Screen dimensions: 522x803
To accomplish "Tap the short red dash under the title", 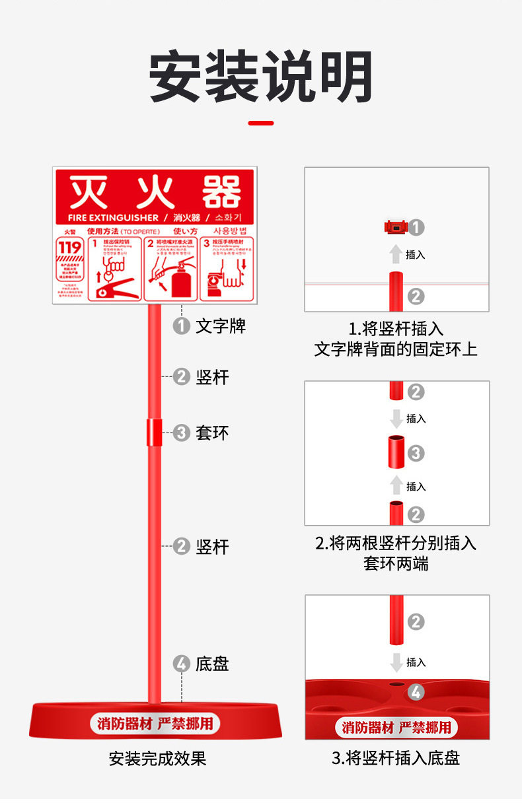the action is pyautogui.click(x=260, y=123).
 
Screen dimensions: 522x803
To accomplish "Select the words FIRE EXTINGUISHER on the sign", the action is pyautogui.click(x=113, y=217).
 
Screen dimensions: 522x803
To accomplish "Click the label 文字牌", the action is pyautogui.click(x=221, y=326).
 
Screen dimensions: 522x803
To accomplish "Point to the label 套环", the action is pyautogui.click(x=212, y=433).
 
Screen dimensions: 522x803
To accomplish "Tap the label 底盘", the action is pyautogui.click(x=212, y=664).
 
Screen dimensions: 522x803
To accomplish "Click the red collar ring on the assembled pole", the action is pyautogui.click(x=155, y=432).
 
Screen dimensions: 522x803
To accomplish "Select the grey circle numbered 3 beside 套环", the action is pyautogui.click(x=181, y=433).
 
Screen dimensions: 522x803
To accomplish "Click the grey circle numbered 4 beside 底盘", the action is pyautogui.click(x=181, y=664).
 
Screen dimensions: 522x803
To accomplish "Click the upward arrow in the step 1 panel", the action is pyautogui.click(x=395, y=254).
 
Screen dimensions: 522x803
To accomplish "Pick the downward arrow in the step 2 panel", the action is pyautogui.click(x=396, y=418).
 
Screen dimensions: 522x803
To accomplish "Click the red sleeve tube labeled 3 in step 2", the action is pyautogui.click(x=396, y=453).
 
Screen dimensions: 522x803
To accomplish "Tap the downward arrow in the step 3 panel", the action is pyautogui.click(x=396, y=662).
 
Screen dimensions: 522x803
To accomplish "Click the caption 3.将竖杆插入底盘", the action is pyautogui.click(x=396, y=758).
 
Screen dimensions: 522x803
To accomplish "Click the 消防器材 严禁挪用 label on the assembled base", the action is pyautogui.click(x=155, y=723).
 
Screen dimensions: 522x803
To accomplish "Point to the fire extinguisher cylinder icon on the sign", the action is pyautogui.click(x=181, y=281).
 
